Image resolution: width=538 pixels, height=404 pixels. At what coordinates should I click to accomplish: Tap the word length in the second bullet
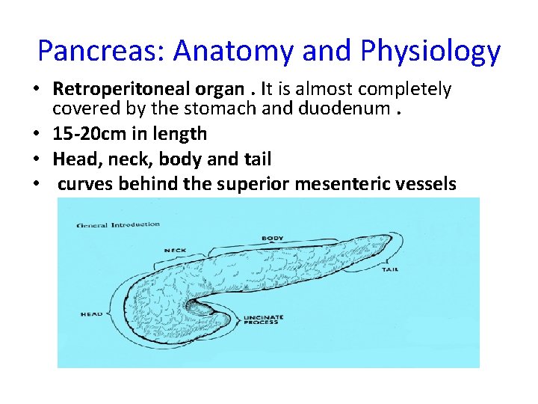click(178, 135)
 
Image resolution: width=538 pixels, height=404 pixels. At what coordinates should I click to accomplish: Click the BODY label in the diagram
click(272, 239)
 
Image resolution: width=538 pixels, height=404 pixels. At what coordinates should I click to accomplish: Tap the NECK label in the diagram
click(175, 250)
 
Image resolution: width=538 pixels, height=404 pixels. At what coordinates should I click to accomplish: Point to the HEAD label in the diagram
click(91, 314)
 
